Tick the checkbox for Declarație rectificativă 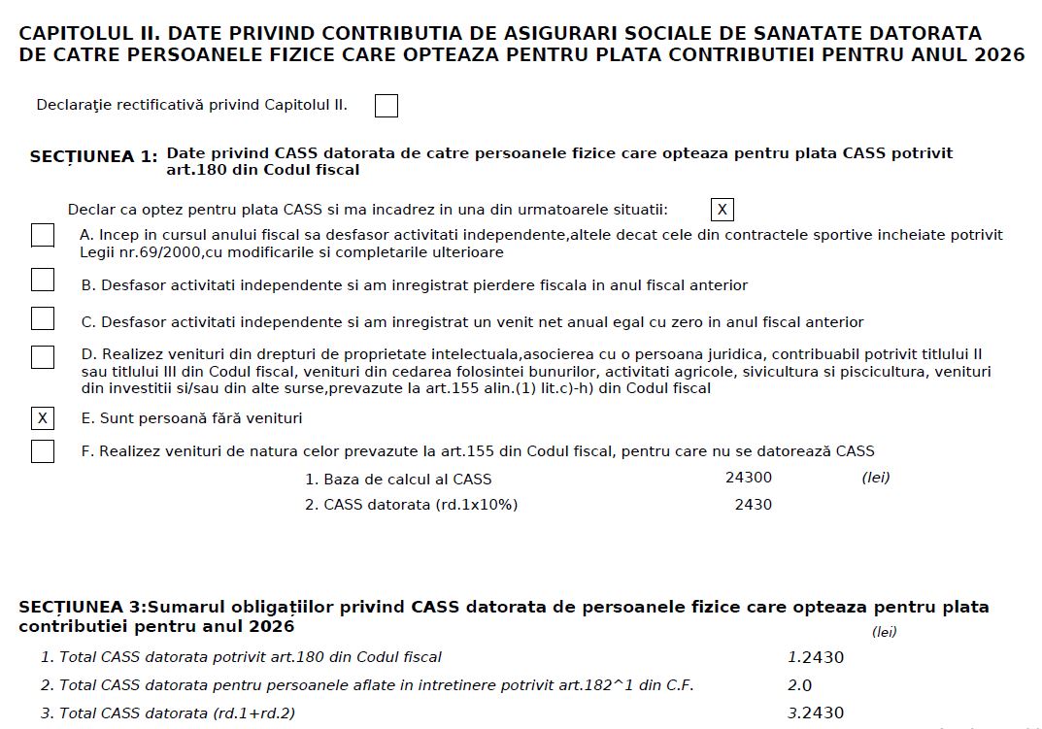click(387, 106)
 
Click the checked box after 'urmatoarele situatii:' click(722, 210)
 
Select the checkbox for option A click(43, 236)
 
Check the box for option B click(43, 281)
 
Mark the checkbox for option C click(43, 318)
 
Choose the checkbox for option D click(43, 357)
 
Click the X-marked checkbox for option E click(43, 418)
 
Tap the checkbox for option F click(43, 451)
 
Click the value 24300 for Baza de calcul click(749, 478)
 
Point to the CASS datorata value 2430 click(754, 505)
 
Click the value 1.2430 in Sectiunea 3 click(816, 657)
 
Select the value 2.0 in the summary click(800, 685)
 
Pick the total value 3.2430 click(816, 713)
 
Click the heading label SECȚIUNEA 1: click(93, 157)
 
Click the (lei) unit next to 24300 click(876, 478)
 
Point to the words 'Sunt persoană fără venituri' click(201, 418)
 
